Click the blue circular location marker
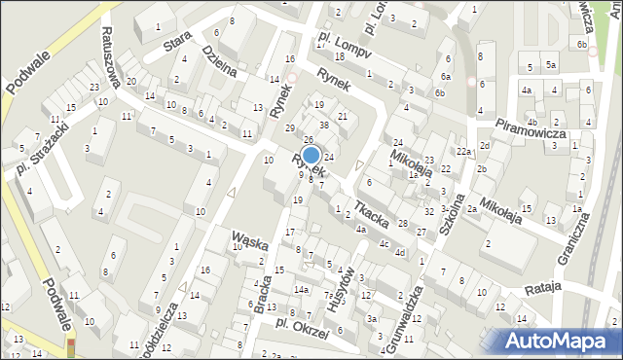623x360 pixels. pyautogui.click(x=311, y=155)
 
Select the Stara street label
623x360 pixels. pyautogui.click(x=177, y=45)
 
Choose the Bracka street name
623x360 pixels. pyautogui.click(x=263, y=293)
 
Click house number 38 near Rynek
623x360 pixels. pyautogui.click(x=324, y=126)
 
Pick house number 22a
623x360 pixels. pyautogui.click(x=465, y=152)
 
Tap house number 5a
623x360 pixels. pyautogui.click(x=550, y=66)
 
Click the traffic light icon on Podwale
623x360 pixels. pyautogui.click(x=70, y=347)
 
